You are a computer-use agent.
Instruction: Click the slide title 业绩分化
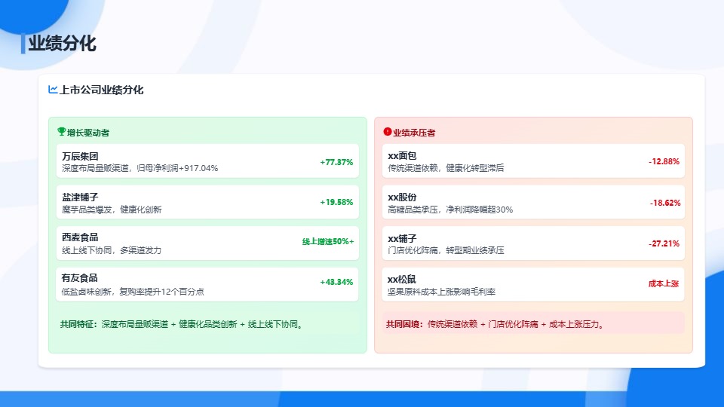click(x=62, y=44)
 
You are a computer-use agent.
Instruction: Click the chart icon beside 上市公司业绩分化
click(x=53, y=90)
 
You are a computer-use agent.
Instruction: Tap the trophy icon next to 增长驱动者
click(x=62, y=132)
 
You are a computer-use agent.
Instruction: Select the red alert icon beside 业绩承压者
click(x=388, y=132)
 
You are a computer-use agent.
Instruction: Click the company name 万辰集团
click(x=80, y=156)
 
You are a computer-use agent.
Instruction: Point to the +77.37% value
click(x=336, y=162)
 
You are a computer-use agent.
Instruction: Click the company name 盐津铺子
click(x=80, y=197)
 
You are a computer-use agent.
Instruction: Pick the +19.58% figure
click(x=336, y=203)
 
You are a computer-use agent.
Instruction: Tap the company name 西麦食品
click(x=80, y=237)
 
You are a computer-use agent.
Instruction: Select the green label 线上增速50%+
click(x=327, y=242)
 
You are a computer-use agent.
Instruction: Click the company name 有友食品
click(x=80, y=278)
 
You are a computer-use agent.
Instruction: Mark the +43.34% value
click(x=336, y=283)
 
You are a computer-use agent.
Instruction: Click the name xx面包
click(x=402, y=156)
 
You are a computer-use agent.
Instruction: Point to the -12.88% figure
click(x=664, y=162)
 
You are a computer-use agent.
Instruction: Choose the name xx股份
click(x=402, y=197)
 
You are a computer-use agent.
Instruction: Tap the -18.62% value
click(x=664, y=203)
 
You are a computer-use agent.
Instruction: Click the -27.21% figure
click(x=664, y=244)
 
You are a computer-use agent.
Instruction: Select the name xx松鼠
click(x=402, y=279)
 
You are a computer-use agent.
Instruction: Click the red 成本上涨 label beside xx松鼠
click(x=664, y=284)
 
